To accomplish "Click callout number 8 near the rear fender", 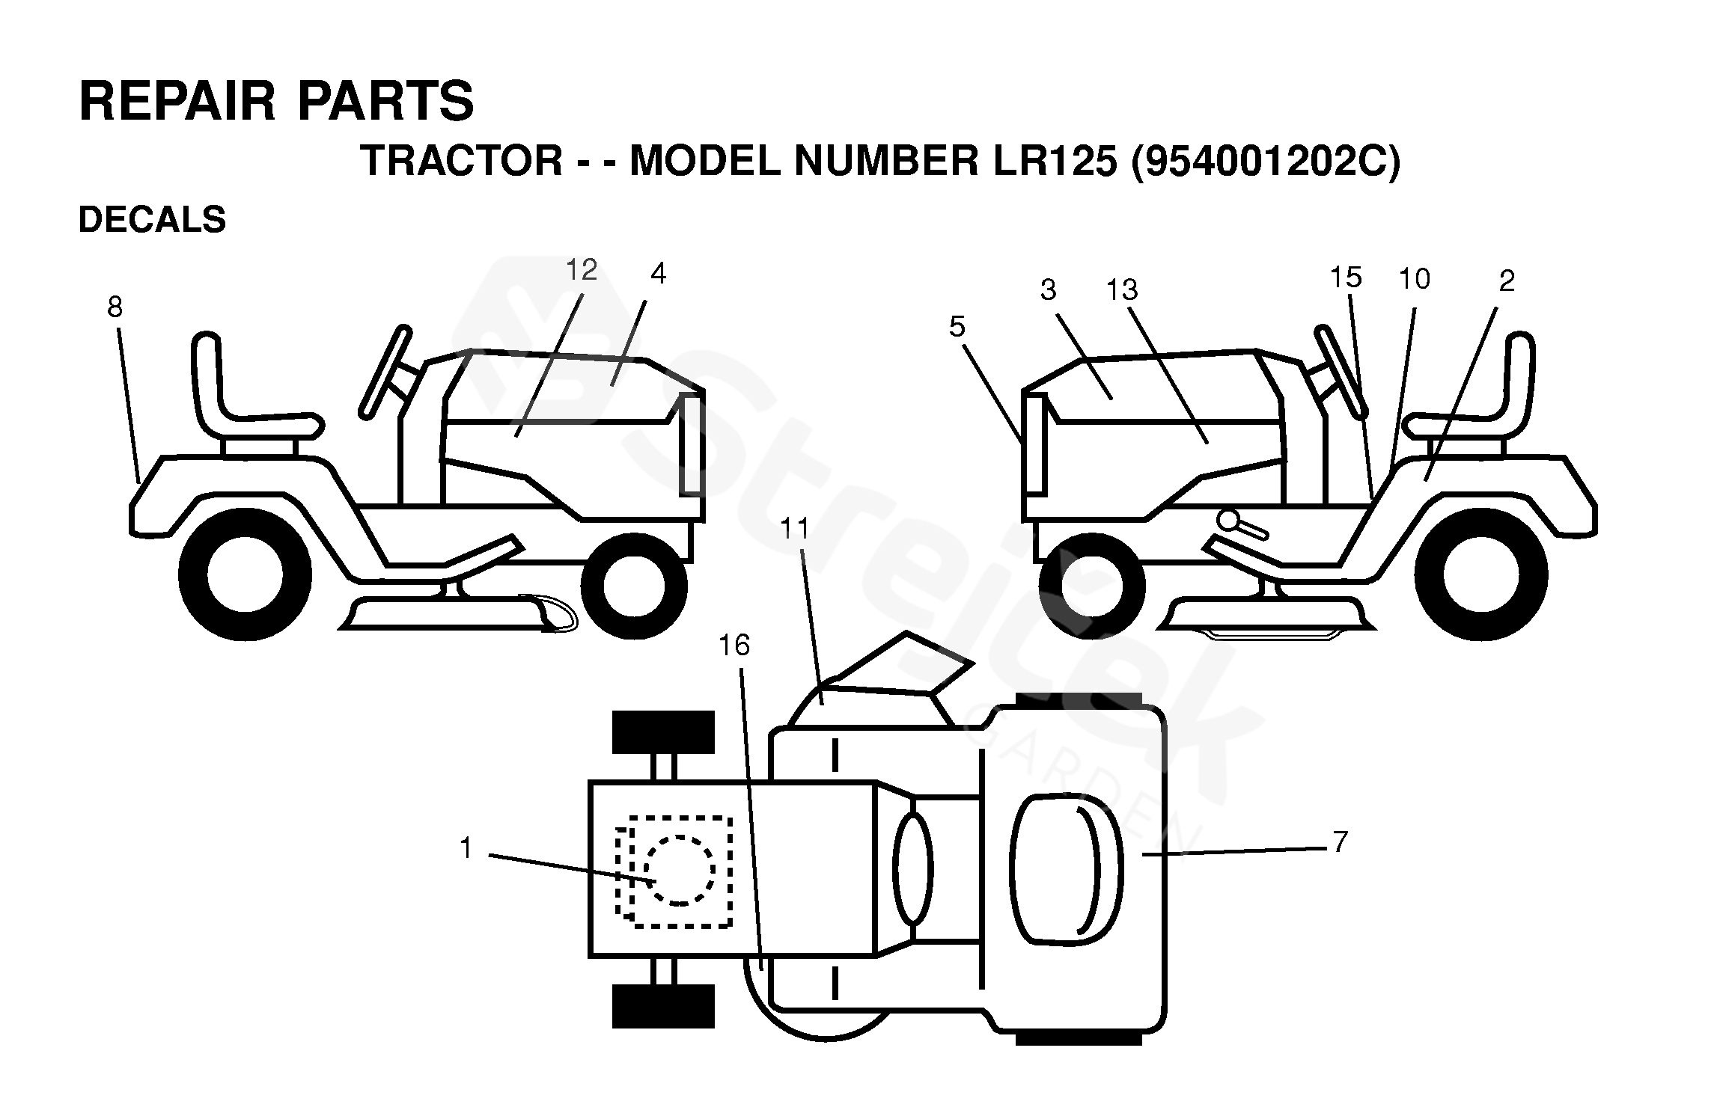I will click(x=115, y=307).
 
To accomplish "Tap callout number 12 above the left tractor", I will click(x=582, y=270).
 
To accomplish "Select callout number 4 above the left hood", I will click(x=658, y=274).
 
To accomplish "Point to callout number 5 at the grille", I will click(x=957, y=327).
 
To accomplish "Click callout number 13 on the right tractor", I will click(x=1121, y=289).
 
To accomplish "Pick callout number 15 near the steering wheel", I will click(x=1345, y=278).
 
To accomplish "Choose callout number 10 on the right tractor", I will click(x=1414, y=279).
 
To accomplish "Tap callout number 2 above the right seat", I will click(x=1507, y=280).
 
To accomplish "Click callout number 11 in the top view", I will click(x=795, y=529).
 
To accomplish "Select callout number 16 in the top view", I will click(x=734, y=645).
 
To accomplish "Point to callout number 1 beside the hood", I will click(x=466, y=848).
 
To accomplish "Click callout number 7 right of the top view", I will click(x=1340, y=842).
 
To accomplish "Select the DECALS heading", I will click(x=152, y=220).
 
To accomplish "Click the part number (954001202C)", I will click(x=1265, y=161).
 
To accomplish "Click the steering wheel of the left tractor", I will click(x=386, y=370).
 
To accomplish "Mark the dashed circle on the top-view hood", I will click(x=679, y=870).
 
